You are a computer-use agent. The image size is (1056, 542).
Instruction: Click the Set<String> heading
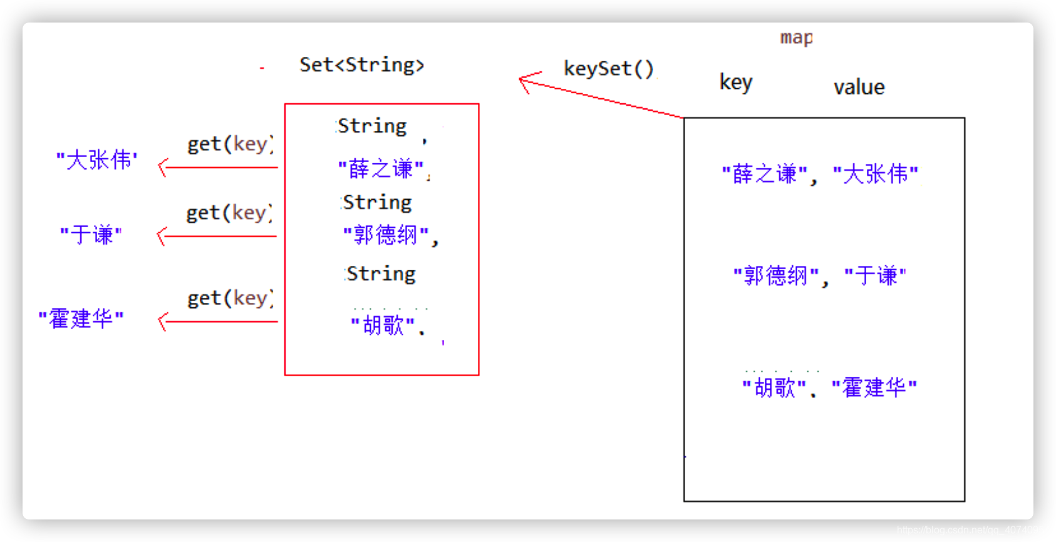[x=361, y=65]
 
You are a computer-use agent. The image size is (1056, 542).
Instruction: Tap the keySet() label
[x=608, y=68]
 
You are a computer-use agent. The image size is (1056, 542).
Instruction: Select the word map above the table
[x=797, y=38]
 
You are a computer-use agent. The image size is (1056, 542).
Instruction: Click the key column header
[x=736, y=83]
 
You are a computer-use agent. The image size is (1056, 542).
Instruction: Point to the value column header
[x=859, y=87]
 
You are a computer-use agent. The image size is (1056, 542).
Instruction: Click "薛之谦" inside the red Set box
[x=381, y=168]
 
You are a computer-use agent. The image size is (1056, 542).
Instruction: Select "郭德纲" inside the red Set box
[x=386, y=235]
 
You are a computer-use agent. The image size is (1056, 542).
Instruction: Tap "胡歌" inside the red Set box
[x=383, y=325]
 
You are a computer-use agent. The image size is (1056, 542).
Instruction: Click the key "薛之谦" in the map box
[x=764, y=174]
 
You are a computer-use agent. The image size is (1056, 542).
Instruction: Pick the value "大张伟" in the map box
[x=875, y=174]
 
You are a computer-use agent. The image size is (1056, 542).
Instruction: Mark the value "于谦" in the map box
[x=875, y=275]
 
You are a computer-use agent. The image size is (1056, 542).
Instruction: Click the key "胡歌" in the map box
[x=774, y=388]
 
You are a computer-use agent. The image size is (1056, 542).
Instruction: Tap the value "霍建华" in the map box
[x=874, y=388]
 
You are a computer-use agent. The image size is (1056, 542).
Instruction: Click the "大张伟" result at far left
[x=97, y=160]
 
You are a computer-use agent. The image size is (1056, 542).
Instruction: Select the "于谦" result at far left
[x=91, y=235]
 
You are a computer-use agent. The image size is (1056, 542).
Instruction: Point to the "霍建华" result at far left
[x=81, y=319]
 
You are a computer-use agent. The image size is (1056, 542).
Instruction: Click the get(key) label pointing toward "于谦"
[x=229, y=213]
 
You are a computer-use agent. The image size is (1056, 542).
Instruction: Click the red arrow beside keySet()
[x=595, y=97]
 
